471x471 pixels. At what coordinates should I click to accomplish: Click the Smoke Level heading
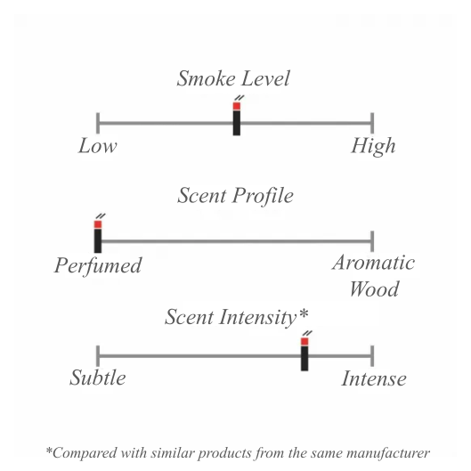click(x=233, y=78)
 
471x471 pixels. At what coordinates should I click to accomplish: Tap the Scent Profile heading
click(x=235, y=196)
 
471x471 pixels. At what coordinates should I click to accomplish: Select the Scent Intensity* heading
click(x=237, y=317)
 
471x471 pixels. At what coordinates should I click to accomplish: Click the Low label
click(x=98, y=146)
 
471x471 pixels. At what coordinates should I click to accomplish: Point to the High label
click(x=373, y=147)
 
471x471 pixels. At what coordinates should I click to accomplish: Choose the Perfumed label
click(x=98, y=266)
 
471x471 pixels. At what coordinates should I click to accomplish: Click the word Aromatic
click(x=374, y=263)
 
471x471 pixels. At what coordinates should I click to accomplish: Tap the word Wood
click(x=374, y=288)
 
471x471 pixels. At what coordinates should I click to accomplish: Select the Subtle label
click(x=98, y=378)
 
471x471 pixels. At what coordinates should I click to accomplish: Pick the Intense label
click(x=374, y=378)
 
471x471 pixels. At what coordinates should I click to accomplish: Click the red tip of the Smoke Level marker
click(x=237, y=106)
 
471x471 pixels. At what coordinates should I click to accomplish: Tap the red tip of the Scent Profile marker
click(x=98, y=224)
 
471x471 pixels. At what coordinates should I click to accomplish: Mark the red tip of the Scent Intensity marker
click(x=305, y=342)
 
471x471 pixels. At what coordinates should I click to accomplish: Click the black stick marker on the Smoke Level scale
click(x=237, y=123)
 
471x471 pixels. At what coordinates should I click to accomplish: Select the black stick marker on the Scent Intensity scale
click(x=305, y=358)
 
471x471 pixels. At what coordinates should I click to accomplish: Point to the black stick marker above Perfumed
click(x=98, y=240)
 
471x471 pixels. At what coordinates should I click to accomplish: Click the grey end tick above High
click(x=372, y=123)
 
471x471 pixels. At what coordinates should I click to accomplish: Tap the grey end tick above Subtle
click(x=98, y=356)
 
